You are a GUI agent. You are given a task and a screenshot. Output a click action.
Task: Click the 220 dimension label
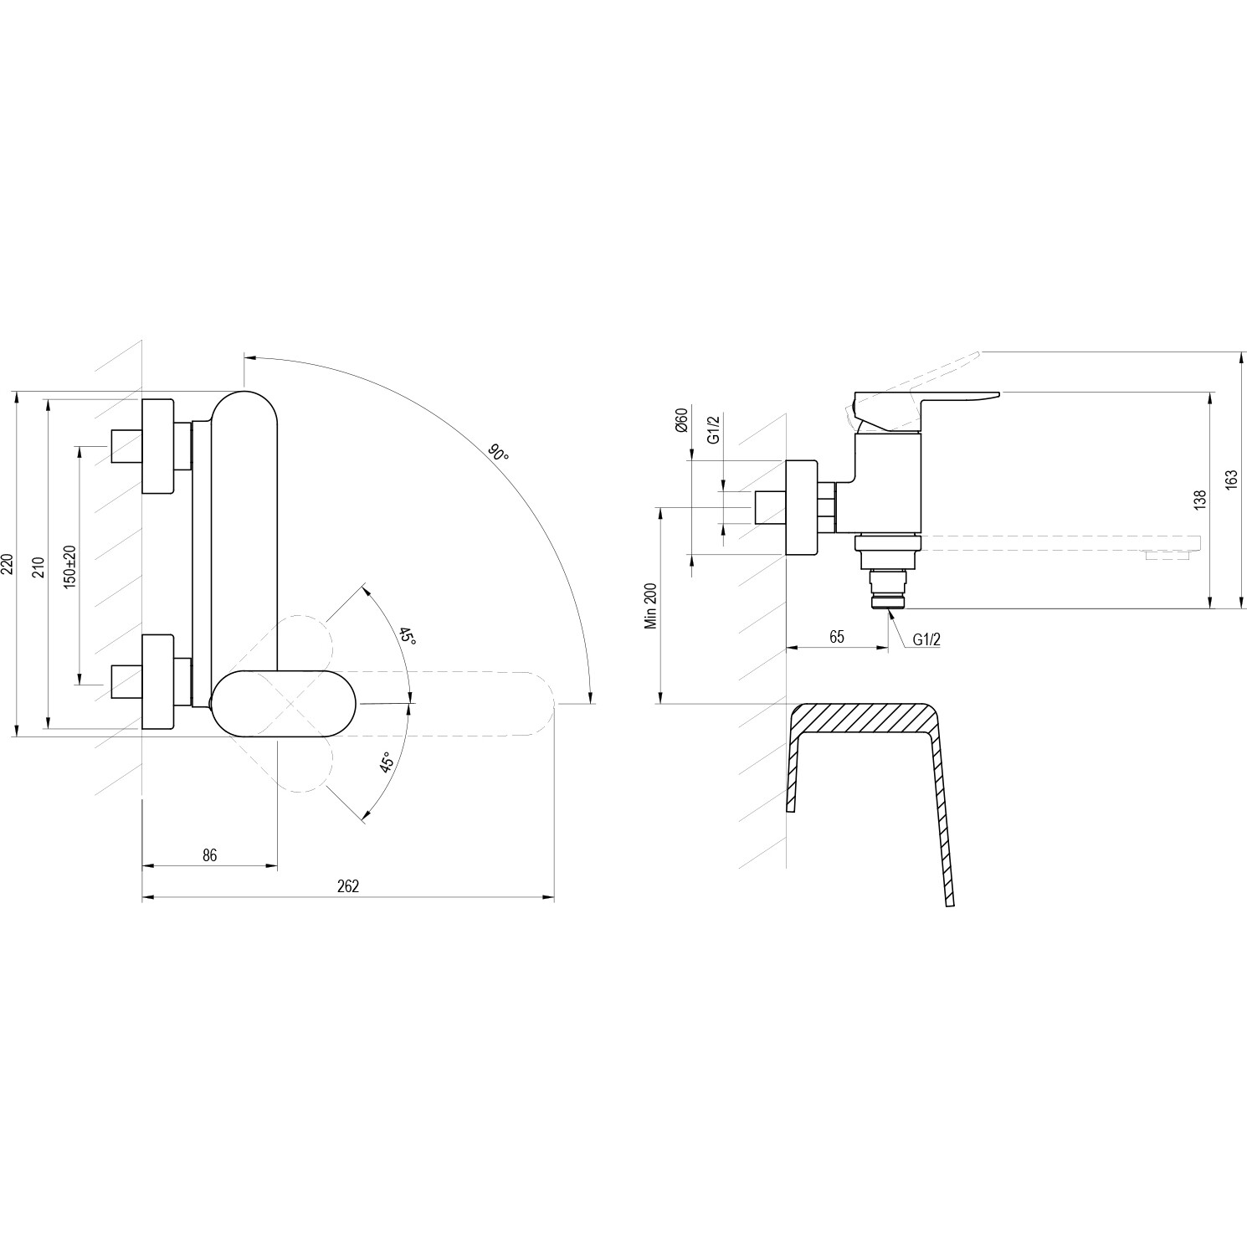tap(8, 564)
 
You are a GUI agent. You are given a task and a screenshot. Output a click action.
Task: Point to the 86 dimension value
tap(210, 854)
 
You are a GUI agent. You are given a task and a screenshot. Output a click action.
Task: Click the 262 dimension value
tap(348, 885)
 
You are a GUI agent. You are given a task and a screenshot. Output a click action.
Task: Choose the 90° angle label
tap(499, 454)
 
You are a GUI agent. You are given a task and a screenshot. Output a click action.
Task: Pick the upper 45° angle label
tap(407, 636)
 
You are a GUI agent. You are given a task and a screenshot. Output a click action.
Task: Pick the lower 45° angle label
tap(386, 763)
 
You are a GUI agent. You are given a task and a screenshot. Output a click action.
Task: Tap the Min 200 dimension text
tap(650, 606)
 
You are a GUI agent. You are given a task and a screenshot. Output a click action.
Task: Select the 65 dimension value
tap(836, 637)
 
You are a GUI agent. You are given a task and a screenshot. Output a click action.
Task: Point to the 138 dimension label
tap(1200, 500)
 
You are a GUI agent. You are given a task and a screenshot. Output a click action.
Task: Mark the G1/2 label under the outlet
tap(926, 639)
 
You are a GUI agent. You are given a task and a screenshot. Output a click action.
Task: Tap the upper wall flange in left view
tap(159, 446)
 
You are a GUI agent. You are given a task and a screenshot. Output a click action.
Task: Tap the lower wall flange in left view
tap(159, 682)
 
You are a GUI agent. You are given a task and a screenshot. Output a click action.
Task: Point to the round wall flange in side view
tap(802, 507)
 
